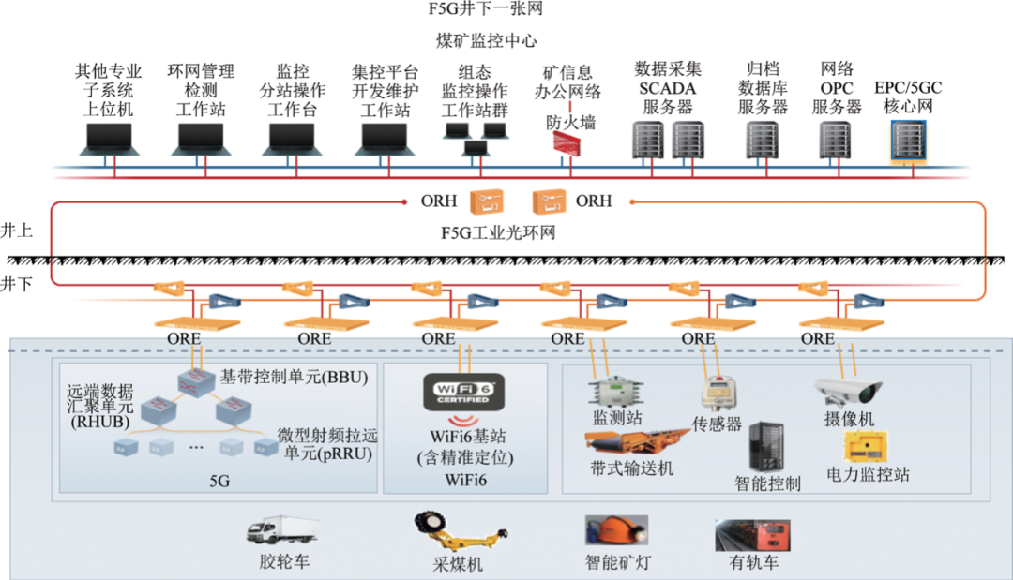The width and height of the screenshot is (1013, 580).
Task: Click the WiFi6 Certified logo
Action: (x=464, y=391)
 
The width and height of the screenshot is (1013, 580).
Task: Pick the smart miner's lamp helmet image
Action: (x=614, y=530)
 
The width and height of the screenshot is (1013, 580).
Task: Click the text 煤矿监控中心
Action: (x=486, y=41)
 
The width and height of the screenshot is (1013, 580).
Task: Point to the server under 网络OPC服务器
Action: (x=835, y=140)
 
